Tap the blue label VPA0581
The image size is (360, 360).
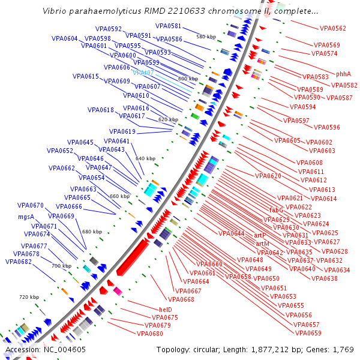[168, 26]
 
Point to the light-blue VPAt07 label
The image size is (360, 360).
[143, 73]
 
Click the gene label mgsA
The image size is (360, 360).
[26, 217]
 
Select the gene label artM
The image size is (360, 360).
[262, 244]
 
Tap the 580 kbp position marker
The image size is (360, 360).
[206, 37]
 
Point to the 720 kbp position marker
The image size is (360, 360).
[29, 297]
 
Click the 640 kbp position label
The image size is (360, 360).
[145, 158]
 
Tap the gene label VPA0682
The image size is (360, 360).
[19, 262]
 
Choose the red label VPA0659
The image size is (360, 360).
[308, 333]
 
